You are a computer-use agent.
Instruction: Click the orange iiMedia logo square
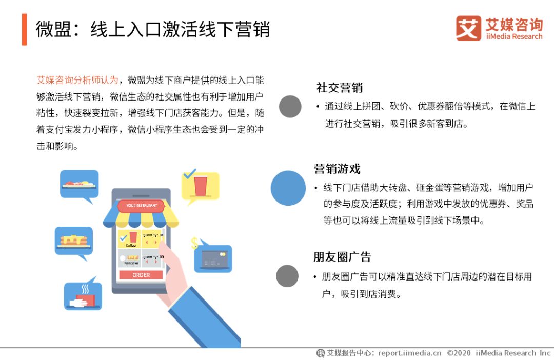[x=468, y=28]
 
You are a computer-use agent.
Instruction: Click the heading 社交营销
[x=340, y=88]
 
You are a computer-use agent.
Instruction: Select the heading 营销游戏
[x=337, y=169]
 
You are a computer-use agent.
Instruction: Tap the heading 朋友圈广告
[x=342, y=256]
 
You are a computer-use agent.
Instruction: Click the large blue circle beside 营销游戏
[x=288, y=188]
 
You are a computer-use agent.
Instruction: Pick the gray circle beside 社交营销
[x=290, y=106]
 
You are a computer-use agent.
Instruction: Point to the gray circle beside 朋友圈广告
[x=287, y=276]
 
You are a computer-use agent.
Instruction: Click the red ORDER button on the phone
[x=141, y=275]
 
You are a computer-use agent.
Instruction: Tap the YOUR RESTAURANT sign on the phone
[x=142, y=205]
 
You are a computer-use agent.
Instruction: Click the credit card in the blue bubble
[x=214, y=259]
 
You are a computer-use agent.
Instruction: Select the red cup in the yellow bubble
[x=201, y=186]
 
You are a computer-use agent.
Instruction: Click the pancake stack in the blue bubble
[x=74, y=241]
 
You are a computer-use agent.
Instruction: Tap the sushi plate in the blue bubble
[x=79, y=184]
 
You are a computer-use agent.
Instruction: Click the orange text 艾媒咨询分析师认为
[x=77, y=80]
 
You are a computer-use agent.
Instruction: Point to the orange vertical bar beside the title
[x=25, y=29]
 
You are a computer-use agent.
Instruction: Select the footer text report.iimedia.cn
[x=409, y=353]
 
